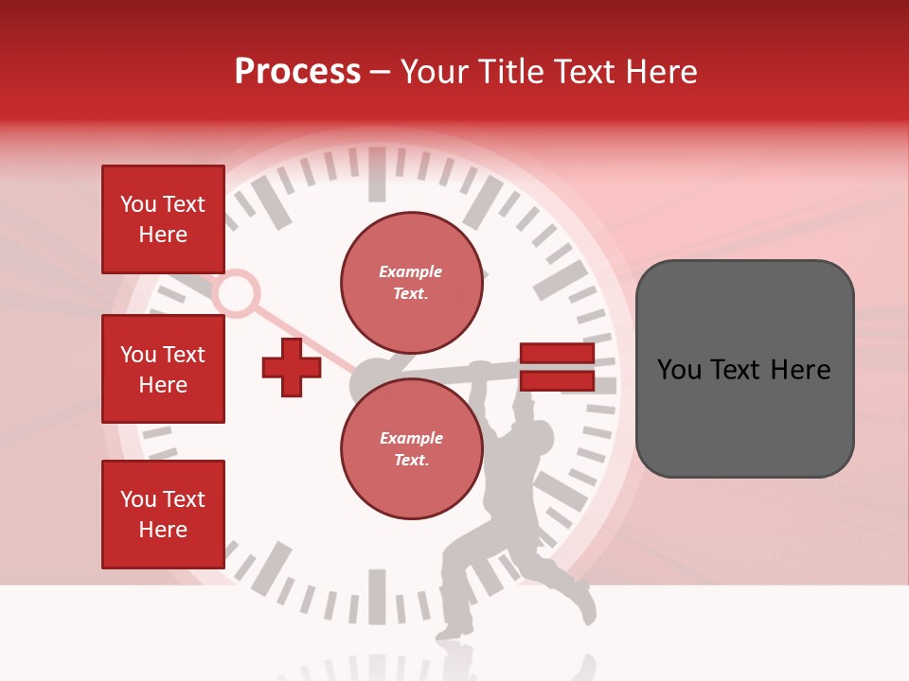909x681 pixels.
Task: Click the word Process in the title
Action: tap(297, 71)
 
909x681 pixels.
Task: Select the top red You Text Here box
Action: tap(163, 219)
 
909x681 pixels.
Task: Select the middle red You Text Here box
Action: tap(163, 369)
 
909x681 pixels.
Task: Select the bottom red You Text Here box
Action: tap(163, 515)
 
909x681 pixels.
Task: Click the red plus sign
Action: tap(292, 368)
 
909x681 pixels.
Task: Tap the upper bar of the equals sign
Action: tap(557, 355)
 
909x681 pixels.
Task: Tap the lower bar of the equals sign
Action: tap(557, 381)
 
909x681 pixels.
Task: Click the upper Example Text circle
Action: tap(411, 282)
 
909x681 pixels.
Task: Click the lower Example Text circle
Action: tap(411, 448)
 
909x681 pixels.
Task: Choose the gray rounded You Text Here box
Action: tap(744, 369)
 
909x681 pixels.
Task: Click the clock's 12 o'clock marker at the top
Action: tap(377, 174)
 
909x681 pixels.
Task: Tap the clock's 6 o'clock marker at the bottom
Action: tap(377, 596)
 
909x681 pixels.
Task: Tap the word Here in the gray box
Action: tap(801, 370)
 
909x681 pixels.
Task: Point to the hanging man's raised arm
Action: tap(519, 402)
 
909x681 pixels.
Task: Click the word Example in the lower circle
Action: tap(411, 438)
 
